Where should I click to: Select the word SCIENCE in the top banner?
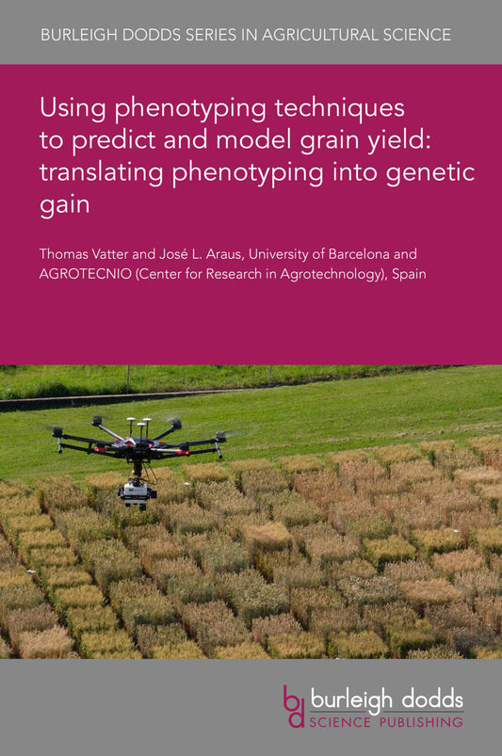pos(419,35)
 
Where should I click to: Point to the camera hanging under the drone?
pos(138,488)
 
